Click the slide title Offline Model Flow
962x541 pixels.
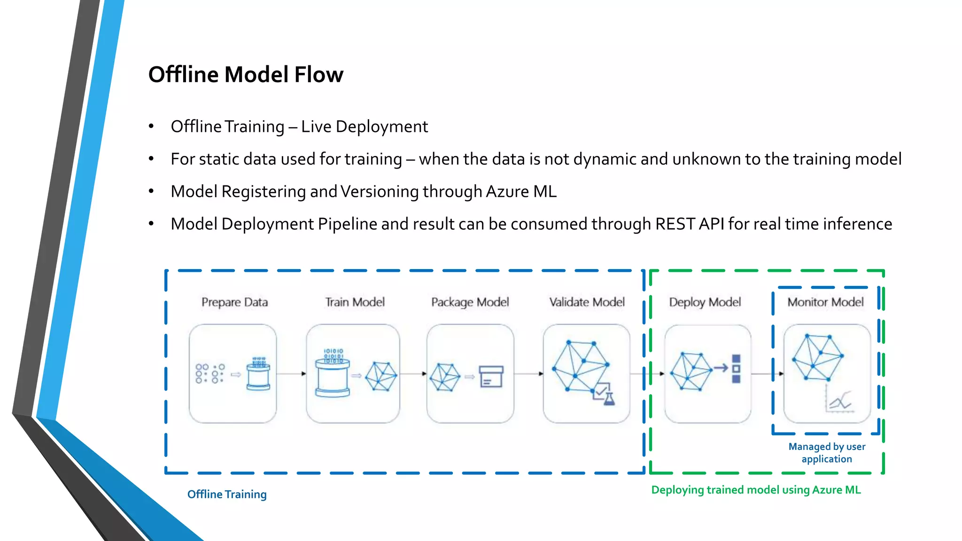246,75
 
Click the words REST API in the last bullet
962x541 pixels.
689,224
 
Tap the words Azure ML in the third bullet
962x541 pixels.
521,192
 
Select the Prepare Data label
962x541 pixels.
234,302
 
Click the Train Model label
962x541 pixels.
355,302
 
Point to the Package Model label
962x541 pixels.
470,302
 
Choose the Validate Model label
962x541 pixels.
587,302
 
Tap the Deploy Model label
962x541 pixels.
705,302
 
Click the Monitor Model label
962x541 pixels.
825,302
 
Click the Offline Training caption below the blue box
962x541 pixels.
227,494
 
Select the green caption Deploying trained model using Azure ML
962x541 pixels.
756,490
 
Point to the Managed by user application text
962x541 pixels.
827,453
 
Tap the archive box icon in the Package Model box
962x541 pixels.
491,377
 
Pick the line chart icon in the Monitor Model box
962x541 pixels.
840,402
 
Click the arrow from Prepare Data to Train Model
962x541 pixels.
291,374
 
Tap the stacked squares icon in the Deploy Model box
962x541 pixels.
736,369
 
